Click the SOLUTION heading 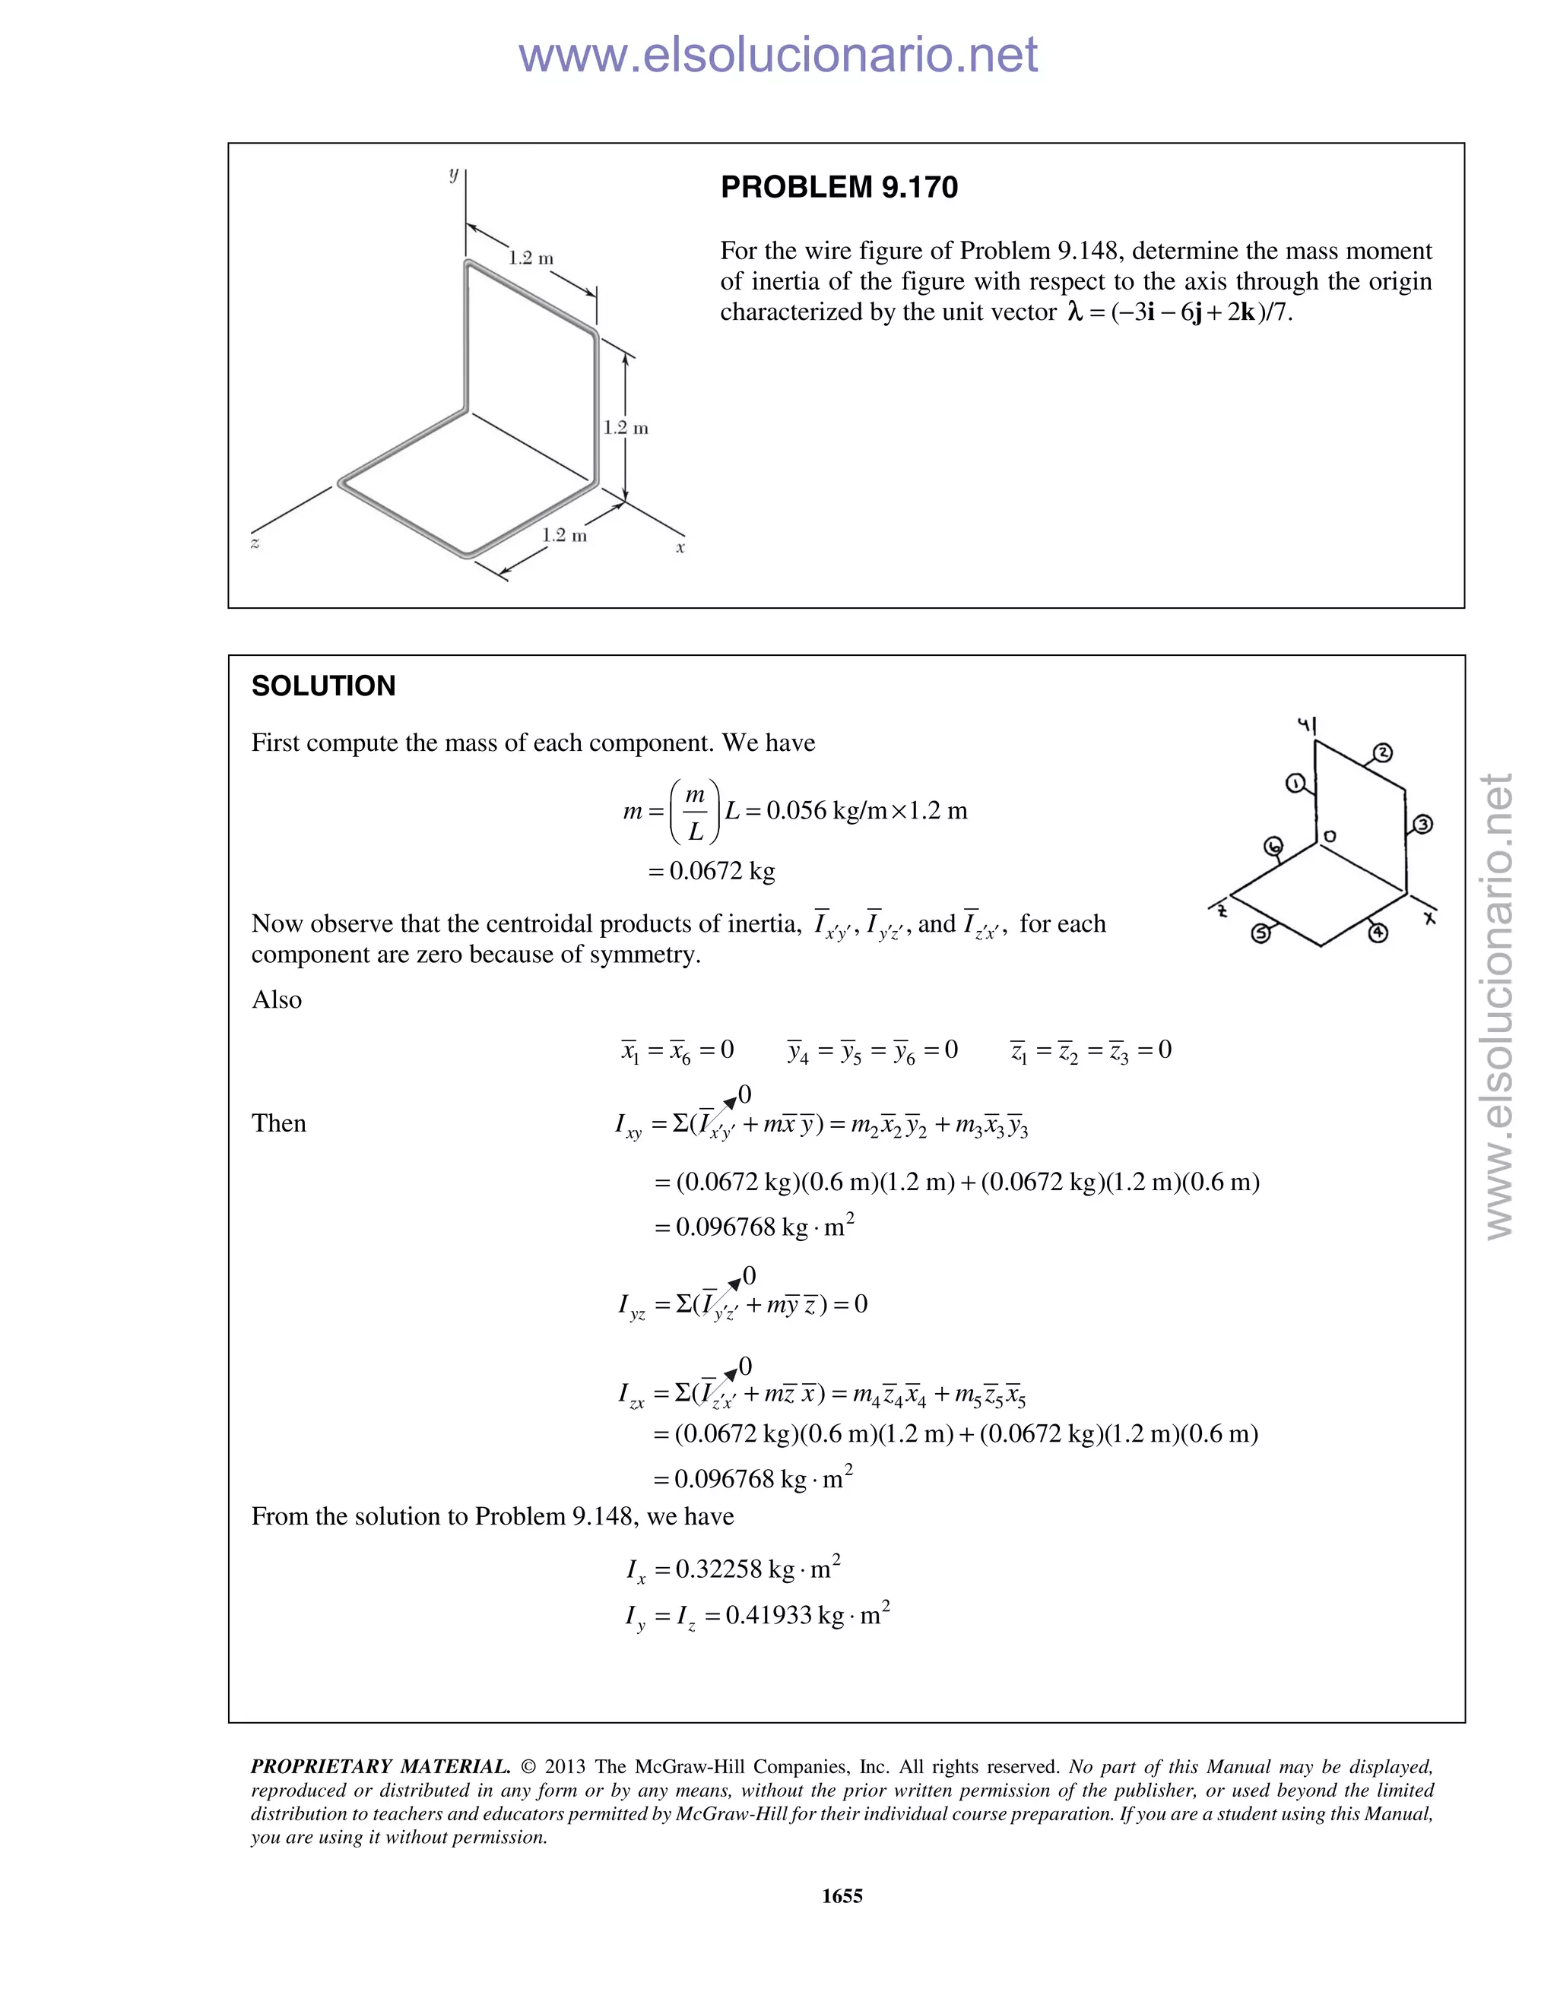[x=323, y=686]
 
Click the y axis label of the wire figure [x=453, y=174]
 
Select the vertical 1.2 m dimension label [x=626, y=428]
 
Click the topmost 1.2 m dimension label [x=531, y=258]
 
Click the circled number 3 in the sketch [x=1422, y=824]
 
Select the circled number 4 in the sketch [x=1377, y=933]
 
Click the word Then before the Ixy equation [x=278, y=1123]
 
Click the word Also [x=277, y=999]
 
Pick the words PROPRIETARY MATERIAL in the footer [x=380, y=1767]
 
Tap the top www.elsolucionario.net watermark [x=778, y=55]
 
